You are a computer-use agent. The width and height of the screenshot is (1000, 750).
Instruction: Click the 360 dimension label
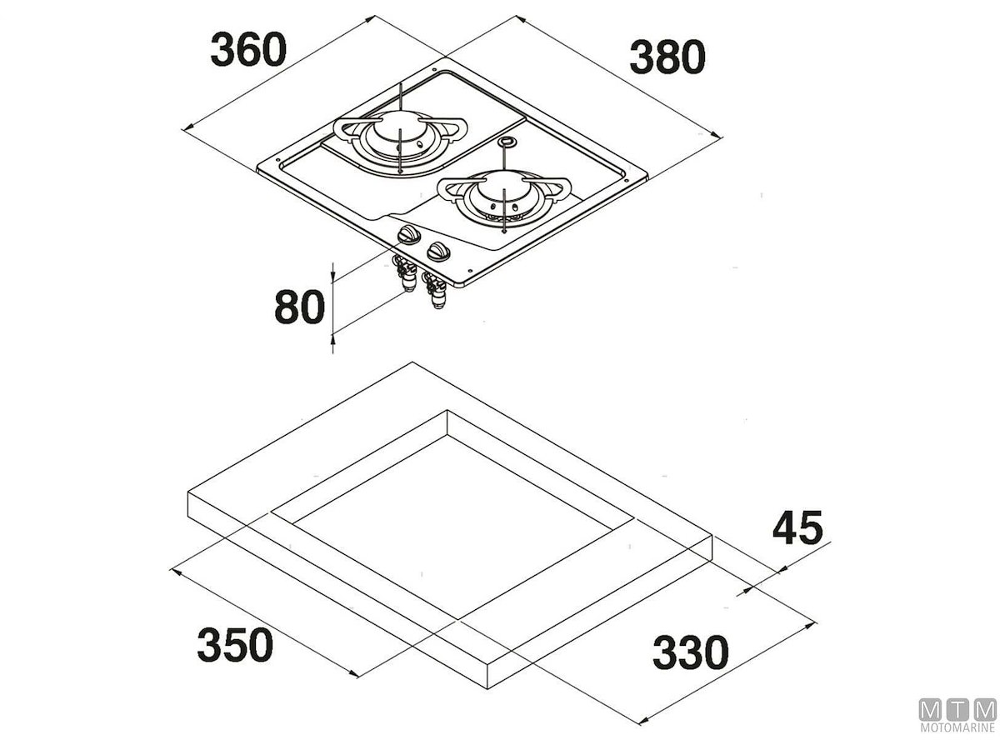pyautogui.click(x=247, y=50)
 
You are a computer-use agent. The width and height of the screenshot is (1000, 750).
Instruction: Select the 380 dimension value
pyautogui.click(x=667, y=58)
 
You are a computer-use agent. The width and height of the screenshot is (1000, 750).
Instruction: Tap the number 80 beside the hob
pyautogui.click(x=297, y=307)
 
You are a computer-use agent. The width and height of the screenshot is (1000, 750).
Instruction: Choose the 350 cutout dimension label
pyautogui.click(x=235, y=645)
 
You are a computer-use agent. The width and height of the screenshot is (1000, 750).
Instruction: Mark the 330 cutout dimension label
pyautogui.click(x=690, y=652)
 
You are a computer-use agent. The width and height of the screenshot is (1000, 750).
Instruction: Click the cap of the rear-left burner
pyautogui.click(x=398, y=132)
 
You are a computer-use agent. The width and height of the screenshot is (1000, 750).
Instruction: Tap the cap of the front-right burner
pyautogui.click(x=503, y=197)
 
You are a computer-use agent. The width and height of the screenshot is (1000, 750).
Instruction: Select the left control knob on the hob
pyautogui.click(x=408, y=236)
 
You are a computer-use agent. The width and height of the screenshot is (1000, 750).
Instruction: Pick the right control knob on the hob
pyautogui.click(x=437, y=252)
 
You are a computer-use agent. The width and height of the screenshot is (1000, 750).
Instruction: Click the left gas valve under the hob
pyautogui.click(x=406, y=274)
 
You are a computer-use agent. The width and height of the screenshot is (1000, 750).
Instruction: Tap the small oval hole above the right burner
pyautogui.click(x=504, y=142)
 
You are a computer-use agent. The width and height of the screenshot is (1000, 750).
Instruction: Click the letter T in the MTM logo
pyautogui.click(x=957, y=710)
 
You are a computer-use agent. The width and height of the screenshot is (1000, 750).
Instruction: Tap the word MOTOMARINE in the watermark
pyautogui.click(x=957, y=729)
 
